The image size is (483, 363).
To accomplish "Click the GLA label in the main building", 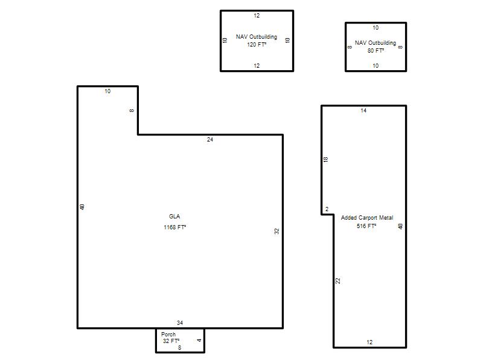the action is (174, 217).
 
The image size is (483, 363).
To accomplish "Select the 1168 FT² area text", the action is (174, 227).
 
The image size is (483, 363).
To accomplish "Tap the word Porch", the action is (168, 335).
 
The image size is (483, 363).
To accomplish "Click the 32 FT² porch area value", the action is (171, 341).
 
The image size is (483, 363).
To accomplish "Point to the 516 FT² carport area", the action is (366, 226).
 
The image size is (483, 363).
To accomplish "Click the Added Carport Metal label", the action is (367, 218).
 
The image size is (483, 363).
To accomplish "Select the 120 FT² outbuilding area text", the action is (256, 44).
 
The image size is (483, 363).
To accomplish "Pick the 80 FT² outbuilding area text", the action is (376, 50).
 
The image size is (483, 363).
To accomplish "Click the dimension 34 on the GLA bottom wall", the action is (180, 323).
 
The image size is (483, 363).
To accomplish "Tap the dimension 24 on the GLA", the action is (210, 140).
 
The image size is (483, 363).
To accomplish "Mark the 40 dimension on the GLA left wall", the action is (82, 207).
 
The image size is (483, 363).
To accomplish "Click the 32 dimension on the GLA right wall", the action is (277, 231).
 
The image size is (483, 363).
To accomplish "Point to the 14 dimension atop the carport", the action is (363, 111).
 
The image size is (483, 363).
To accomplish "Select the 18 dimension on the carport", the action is (326, 159).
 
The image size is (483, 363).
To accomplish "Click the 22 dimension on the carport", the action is (338, 281).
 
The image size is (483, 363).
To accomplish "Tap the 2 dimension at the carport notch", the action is (327, 209).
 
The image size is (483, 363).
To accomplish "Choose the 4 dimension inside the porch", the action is (199, 340).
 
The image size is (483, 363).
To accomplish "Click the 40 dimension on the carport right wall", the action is (400, 226).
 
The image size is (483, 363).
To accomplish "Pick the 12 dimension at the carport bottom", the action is (369, 342).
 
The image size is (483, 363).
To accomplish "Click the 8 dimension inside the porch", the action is (179, 348).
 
